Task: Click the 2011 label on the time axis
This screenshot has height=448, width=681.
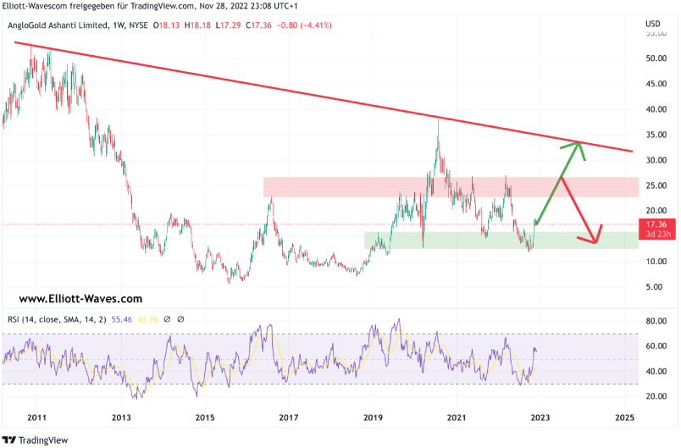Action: click(36, 418)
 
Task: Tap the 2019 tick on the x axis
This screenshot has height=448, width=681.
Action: click(374, 418)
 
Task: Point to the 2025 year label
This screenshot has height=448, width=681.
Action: click(625, 418)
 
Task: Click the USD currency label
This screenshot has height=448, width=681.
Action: click(652, 23)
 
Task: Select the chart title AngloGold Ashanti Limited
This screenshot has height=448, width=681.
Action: click(58, 25)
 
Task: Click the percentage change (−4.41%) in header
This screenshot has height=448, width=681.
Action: click(314, 25)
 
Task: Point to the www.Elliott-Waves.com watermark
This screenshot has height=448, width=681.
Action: click(80, 299)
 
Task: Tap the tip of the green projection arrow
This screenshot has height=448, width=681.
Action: click(579, 142)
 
